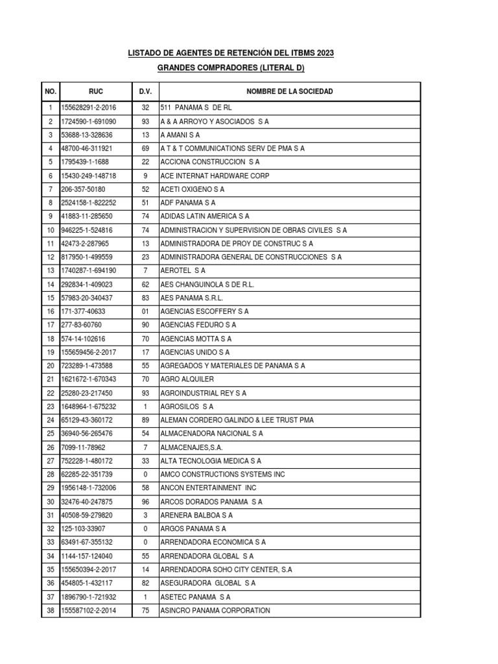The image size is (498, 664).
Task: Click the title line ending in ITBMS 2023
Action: click(231, 53)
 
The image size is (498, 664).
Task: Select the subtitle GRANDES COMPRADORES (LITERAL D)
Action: click(231, 68)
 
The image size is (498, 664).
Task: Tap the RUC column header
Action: click(96, 91)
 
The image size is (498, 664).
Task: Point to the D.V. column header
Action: click(145, 91)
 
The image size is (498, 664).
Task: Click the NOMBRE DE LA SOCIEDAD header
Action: click(289, 91)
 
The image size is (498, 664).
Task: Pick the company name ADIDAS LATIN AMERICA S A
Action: click(204, 217)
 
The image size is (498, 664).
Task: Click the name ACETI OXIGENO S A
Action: click(192, 189)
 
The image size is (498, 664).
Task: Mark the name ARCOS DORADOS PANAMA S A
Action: click(211, 502)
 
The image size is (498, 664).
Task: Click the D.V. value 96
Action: click(145, 502)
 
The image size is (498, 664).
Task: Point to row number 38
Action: click(50, 610)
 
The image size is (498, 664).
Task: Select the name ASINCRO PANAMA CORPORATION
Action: click(215, 610)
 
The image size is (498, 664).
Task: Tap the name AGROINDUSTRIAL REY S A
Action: click(203, 393)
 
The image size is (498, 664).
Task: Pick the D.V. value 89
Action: click(145, 420)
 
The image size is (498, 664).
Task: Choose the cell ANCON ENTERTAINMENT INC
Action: click(208, 488)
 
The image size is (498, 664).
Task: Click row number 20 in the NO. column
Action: click(50, 366)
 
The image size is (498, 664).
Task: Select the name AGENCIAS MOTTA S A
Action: click(195, 339)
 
